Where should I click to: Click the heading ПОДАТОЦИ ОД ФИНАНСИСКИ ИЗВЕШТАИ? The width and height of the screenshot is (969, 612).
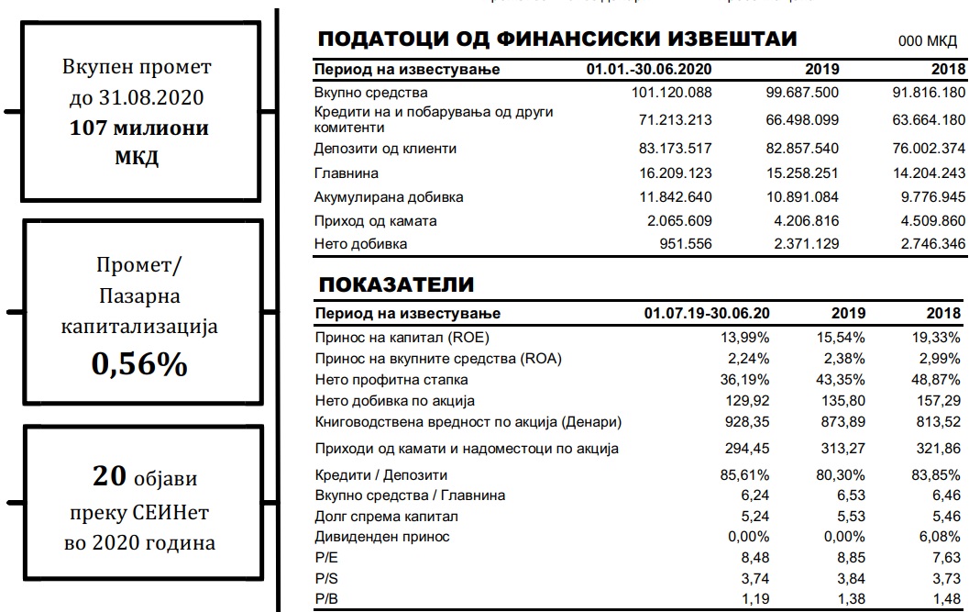(556, 39)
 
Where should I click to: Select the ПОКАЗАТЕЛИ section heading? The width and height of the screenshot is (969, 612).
(396, 284)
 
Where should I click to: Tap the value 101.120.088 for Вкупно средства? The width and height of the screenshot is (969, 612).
(672, 92)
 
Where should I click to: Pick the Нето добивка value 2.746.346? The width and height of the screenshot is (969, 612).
(928, 244)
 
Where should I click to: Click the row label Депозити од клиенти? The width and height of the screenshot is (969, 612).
(385, 149)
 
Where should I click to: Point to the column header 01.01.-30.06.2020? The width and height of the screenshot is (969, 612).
(649, 70)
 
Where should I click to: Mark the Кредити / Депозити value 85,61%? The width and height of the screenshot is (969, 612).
(745, 475)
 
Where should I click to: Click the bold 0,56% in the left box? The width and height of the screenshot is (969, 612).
(139, 365)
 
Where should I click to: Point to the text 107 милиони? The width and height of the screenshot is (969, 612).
(139, 128)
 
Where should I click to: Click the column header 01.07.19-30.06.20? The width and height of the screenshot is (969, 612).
(707, 314)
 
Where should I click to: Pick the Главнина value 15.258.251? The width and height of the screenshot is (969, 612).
(802, 172)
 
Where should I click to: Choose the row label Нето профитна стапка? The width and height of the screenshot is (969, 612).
(391, 379)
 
